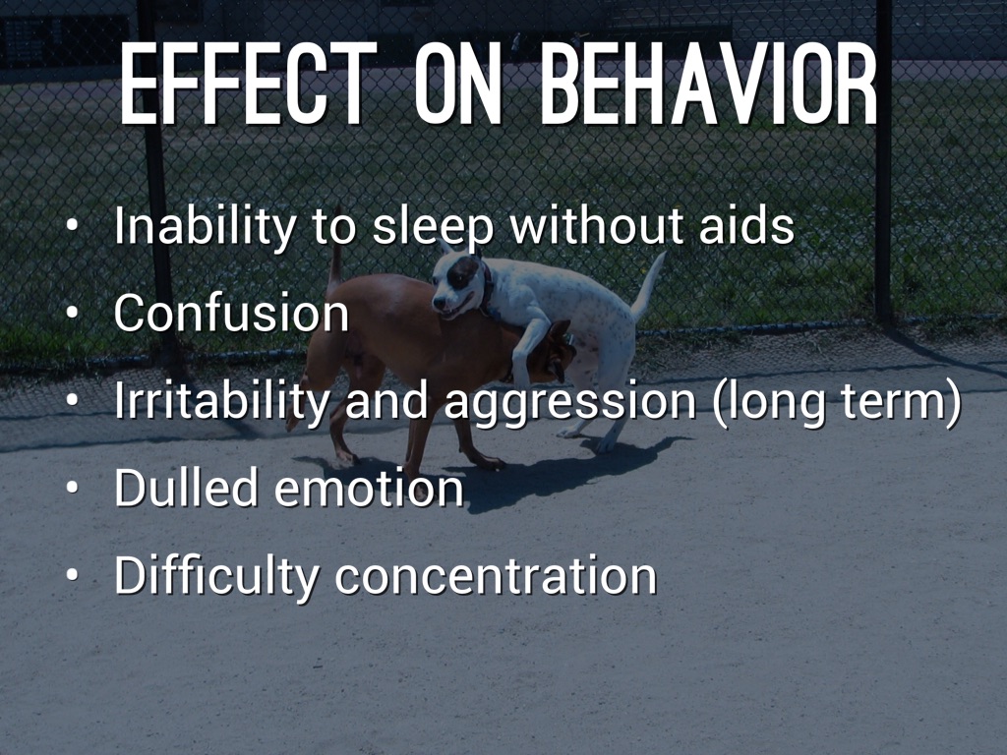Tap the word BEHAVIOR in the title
click(708, 83)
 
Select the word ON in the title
click(457, 83)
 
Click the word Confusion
click(231, 313)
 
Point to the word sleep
click(433, 228)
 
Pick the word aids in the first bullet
click(746, 225)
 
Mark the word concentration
click(496, 576)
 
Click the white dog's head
click(458, 282)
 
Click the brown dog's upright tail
click(334, 267)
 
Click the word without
click(597, 225)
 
